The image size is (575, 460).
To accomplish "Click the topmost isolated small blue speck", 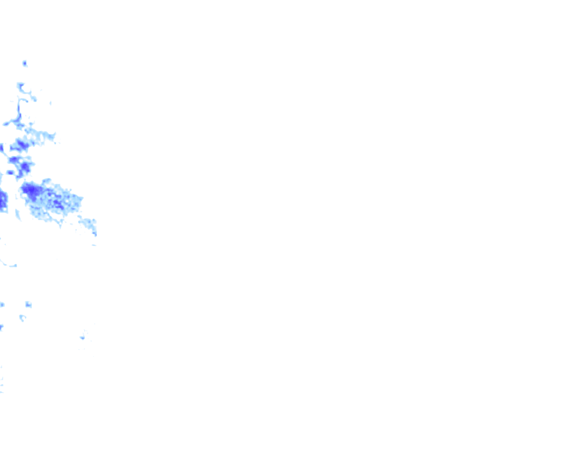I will coord(25,63).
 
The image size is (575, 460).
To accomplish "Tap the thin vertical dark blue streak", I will coord(19,109).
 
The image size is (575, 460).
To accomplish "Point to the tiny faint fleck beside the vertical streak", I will coord(50,103).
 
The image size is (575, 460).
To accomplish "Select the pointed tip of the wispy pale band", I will coord(54,134).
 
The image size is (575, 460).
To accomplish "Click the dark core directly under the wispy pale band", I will coord(20,145).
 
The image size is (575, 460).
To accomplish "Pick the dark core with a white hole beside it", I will coord(25,168).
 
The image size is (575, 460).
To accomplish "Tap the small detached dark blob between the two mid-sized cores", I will coord(10,172).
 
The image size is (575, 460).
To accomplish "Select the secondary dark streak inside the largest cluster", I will coord(57,204).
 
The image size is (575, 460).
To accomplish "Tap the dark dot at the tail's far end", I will coord(95,234).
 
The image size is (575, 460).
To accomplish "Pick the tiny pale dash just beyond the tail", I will coord(94,245).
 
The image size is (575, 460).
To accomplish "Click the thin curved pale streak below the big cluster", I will coord(8,264).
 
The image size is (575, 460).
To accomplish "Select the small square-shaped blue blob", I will coord(28,305).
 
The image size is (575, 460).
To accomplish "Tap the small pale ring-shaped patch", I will coord(22,318).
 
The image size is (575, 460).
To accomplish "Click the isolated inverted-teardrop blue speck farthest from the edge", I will coord(83,337).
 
